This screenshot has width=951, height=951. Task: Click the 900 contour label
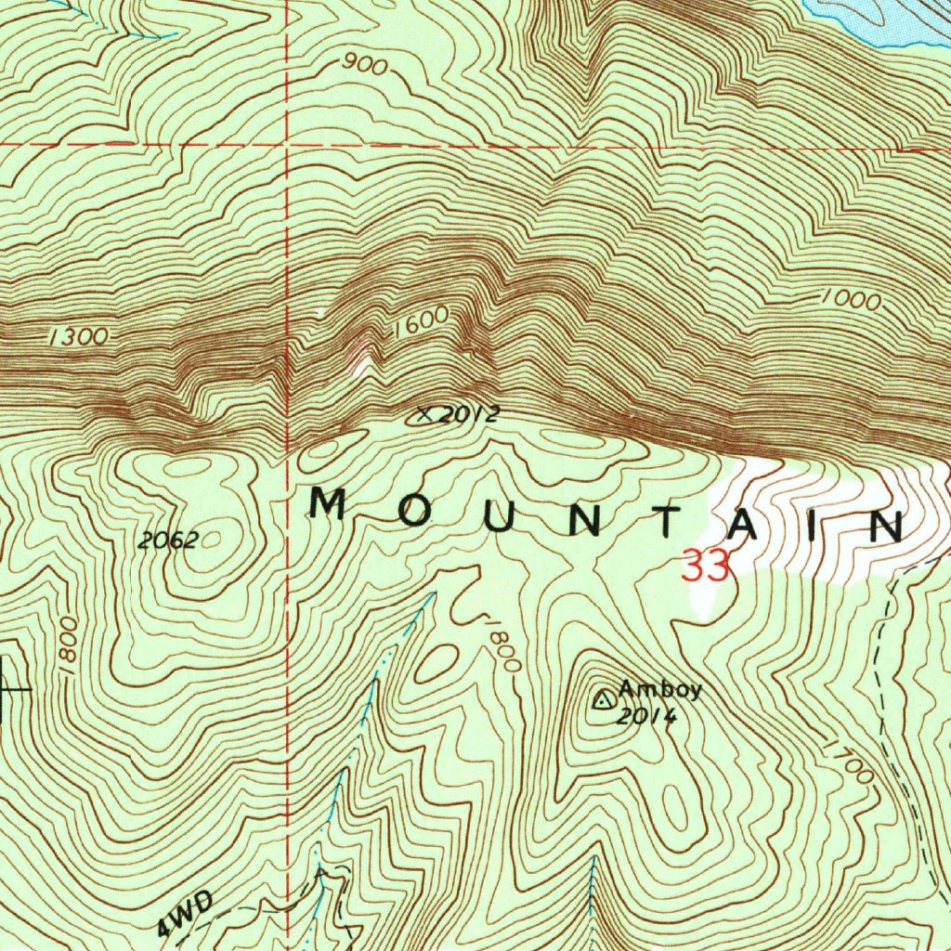[x=364, y=65]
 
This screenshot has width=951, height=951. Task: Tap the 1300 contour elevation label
[x=78, y=337]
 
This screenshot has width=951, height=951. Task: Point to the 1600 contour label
[x=420, y=324]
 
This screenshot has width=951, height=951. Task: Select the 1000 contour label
[x=851, y=300]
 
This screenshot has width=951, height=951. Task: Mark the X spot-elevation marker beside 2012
[x=425, y=415]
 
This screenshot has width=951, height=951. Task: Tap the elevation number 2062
[x=167, y=541]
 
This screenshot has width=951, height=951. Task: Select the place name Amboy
[x=660, y=690]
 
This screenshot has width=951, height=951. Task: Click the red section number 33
[x=706, y=567]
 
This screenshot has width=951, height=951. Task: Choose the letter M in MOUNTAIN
[x=329, y=505]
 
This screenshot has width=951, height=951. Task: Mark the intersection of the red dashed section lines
[x=288, y=146]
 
